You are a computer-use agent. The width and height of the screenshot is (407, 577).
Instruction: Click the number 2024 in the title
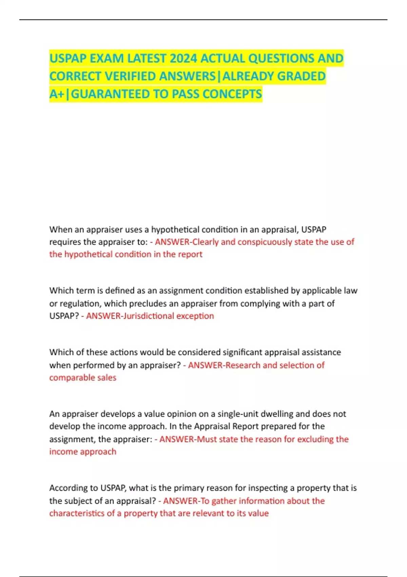tap(183, 58)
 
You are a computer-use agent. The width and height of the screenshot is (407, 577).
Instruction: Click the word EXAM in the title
tap(107, 58)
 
